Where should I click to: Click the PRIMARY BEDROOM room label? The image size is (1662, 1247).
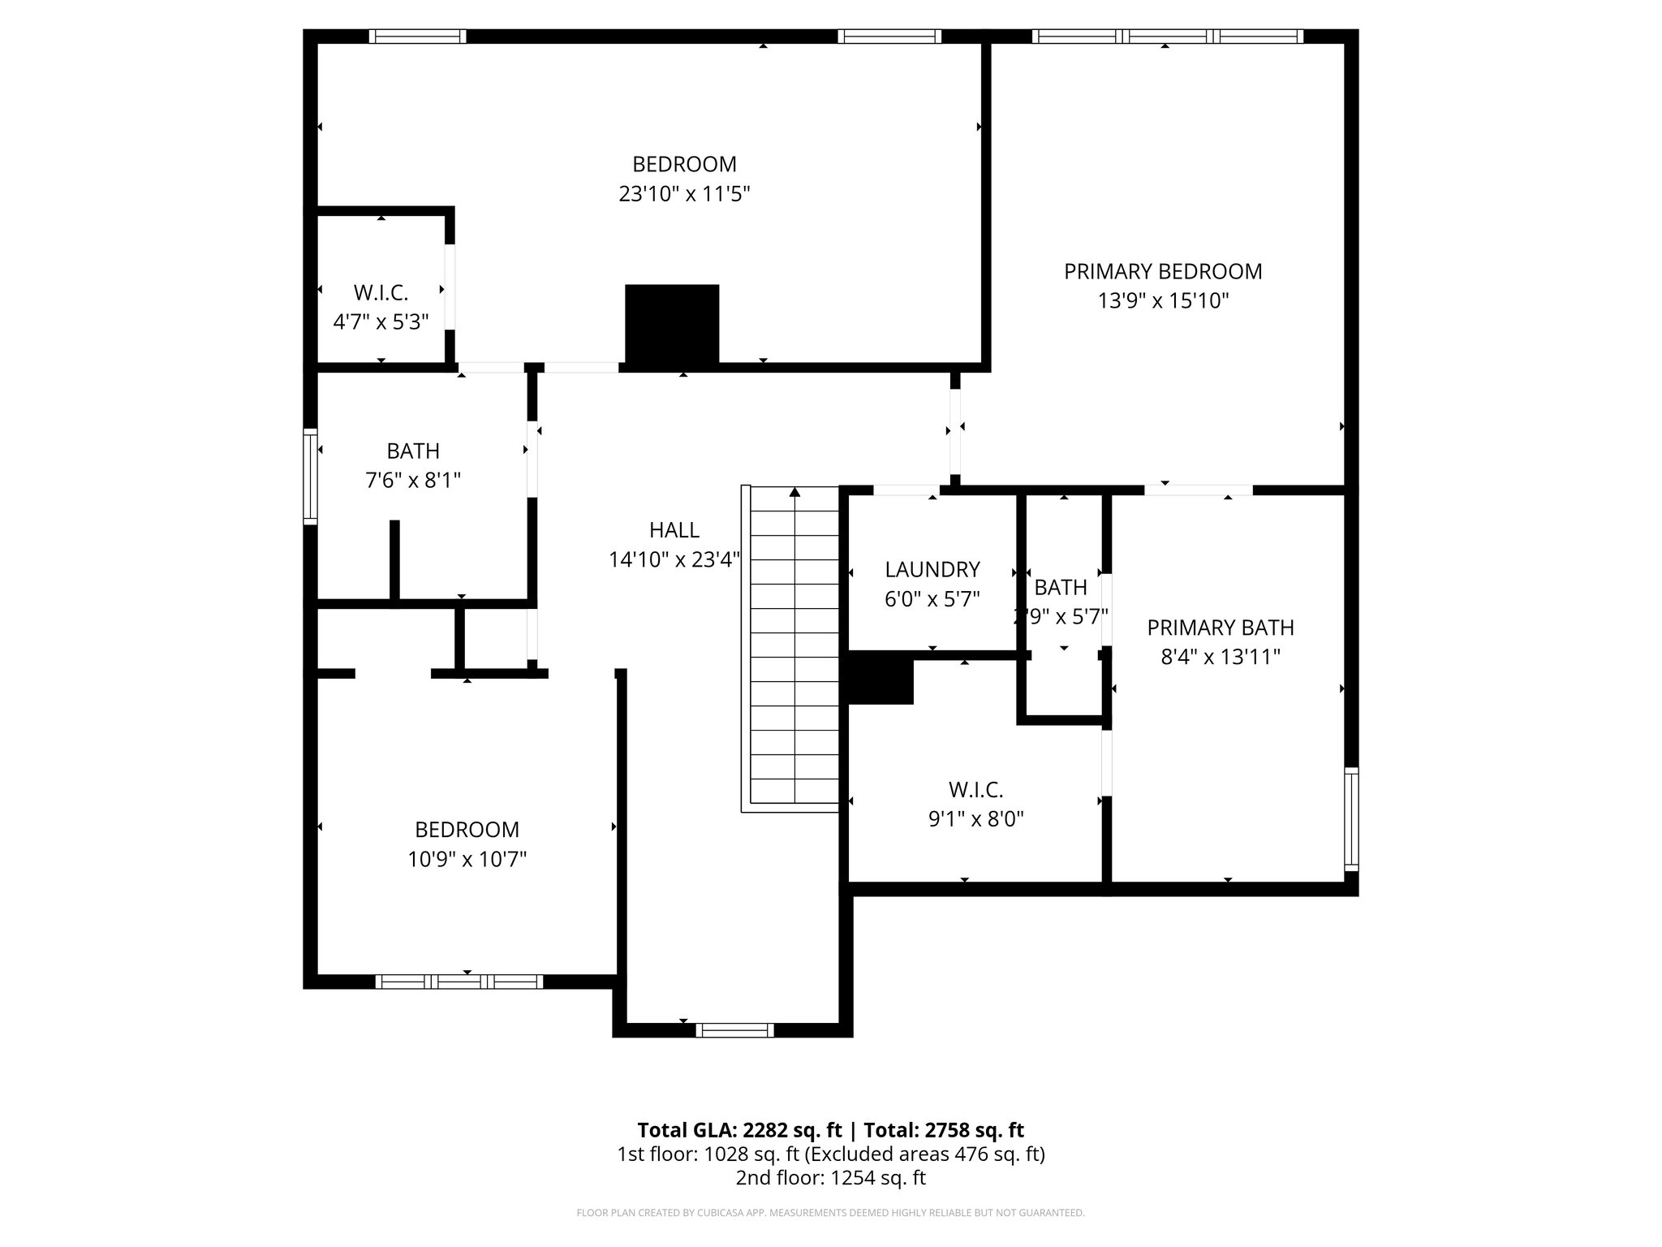click(1163, 271)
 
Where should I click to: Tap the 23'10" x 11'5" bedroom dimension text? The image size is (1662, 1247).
click(684, 194)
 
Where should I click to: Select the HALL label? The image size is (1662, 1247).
click(674, 530)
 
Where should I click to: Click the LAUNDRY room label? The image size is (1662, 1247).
click(932, 569)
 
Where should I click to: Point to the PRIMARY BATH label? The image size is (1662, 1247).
click(1220, 628)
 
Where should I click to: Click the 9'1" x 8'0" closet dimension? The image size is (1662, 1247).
click(975, 819)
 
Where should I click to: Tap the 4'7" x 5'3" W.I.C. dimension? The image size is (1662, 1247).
click(381, 321)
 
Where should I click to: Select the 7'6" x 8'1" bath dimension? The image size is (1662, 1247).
click(413, 481)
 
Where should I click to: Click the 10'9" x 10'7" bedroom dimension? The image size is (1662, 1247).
click(467, 859)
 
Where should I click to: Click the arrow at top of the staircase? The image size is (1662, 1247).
click(794, 492)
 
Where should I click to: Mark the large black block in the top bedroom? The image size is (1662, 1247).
click(672, 323)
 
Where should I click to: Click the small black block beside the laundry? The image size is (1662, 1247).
click(881, 680)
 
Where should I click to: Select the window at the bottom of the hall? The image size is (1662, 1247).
click(735, 1030)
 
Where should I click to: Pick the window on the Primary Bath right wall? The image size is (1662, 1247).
click(1350, 819)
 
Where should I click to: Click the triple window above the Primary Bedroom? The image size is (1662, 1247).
click(1167, 36)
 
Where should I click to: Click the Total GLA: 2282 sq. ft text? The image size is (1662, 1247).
click(741, 1130)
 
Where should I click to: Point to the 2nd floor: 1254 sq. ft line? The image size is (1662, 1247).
click(830, 1178)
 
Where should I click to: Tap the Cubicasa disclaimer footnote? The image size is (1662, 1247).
click(830, 1213)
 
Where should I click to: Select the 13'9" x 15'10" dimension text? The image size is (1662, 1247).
click(1163, 301)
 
